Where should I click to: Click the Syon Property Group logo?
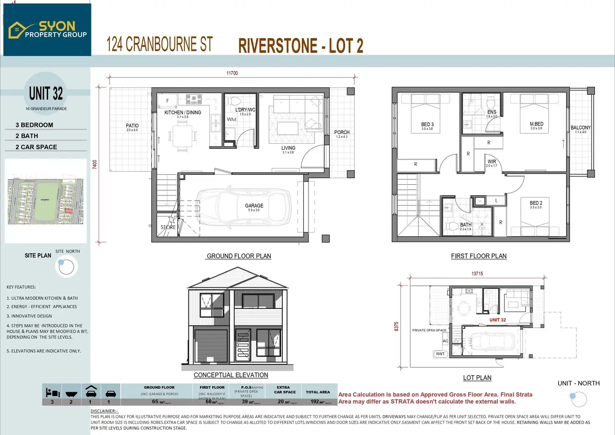click(x=47, y=30)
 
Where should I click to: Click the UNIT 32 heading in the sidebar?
click(x=46, y=94)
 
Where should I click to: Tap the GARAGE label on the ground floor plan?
click(x=254, y=206)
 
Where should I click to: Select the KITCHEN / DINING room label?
click(x=183, y=112)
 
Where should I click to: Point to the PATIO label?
click(x=132, y=126)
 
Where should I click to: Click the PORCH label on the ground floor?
click(x=342, y=132)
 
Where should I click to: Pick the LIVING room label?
click(x=288, y=148)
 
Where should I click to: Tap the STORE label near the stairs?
click(x=168, y=227)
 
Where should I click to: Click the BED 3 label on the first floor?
click(x=427, y=125)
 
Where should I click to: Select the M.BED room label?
click(x=536, y=124)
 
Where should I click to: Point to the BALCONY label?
click(x=581, y=128)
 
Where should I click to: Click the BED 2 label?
click(x=536, y=203)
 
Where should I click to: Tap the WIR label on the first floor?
click(x=492, y=162)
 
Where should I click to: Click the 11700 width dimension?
click(x=232, y=73)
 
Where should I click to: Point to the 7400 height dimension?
click(x=95, y=164)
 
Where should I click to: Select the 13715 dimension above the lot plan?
click(x=477, y=274)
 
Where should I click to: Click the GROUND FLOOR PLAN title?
click(x=239, y=256)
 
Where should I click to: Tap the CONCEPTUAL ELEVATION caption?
click(x=231, y=375)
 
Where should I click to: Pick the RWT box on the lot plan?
click(x=440, y=354)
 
